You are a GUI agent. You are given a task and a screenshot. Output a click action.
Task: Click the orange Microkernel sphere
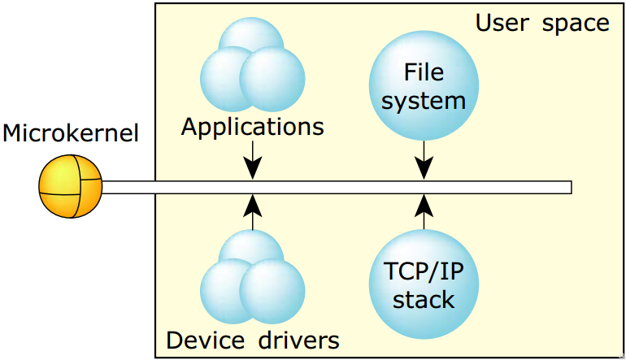[71, 187]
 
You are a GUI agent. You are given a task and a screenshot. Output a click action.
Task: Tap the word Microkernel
[71, 133]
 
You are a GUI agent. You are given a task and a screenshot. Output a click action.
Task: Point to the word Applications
[252, 128]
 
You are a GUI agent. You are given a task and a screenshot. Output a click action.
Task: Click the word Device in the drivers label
[202, 339]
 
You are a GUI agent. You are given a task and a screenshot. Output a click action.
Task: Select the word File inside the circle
[424, 72]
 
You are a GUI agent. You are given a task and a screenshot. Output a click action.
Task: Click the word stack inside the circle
[424, 299]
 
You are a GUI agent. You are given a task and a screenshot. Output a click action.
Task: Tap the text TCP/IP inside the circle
[424, 271]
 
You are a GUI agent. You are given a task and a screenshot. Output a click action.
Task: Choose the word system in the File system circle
[424, 100]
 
